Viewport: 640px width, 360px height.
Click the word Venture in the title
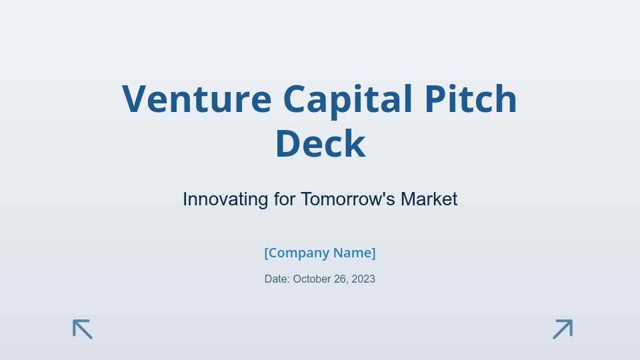197,99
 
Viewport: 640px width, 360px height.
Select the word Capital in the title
347,99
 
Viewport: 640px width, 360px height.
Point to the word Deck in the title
320,144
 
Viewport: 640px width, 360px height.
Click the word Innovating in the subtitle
225,199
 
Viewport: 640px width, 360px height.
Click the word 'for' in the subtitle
284,199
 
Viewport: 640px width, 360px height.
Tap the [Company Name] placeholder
320,253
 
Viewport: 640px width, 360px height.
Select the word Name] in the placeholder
355,253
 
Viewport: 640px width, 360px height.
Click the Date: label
277,279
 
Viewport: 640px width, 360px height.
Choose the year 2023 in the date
363,279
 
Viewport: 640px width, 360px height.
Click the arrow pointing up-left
83,329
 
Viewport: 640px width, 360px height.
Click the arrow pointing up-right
563,329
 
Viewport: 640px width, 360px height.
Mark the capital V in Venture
135,99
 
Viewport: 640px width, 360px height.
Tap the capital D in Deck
288,144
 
